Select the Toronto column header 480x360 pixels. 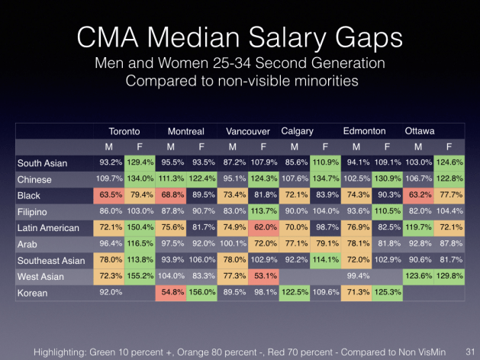(124, 131)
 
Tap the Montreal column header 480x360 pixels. (185, 131)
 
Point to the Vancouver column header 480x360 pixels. (247, 131)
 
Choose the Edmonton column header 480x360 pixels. (364, 131)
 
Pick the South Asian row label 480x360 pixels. (43, 163)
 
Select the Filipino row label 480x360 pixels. (34, 211)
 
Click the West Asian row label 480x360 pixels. (41, 275)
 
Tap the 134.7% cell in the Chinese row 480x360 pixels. (326, 179)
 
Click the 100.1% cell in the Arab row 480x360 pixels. (234, 243)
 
